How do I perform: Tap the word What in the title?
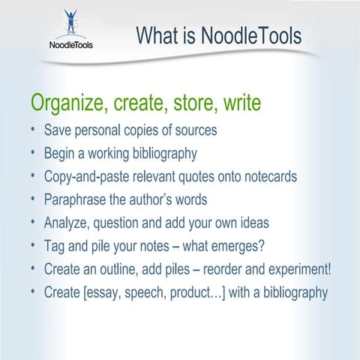pos(158,35)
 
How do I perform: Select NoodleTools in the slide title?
pos(251,35)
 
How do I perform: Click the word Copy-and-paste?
pos(90,177)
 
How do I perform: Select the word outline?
pos(117,268)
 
